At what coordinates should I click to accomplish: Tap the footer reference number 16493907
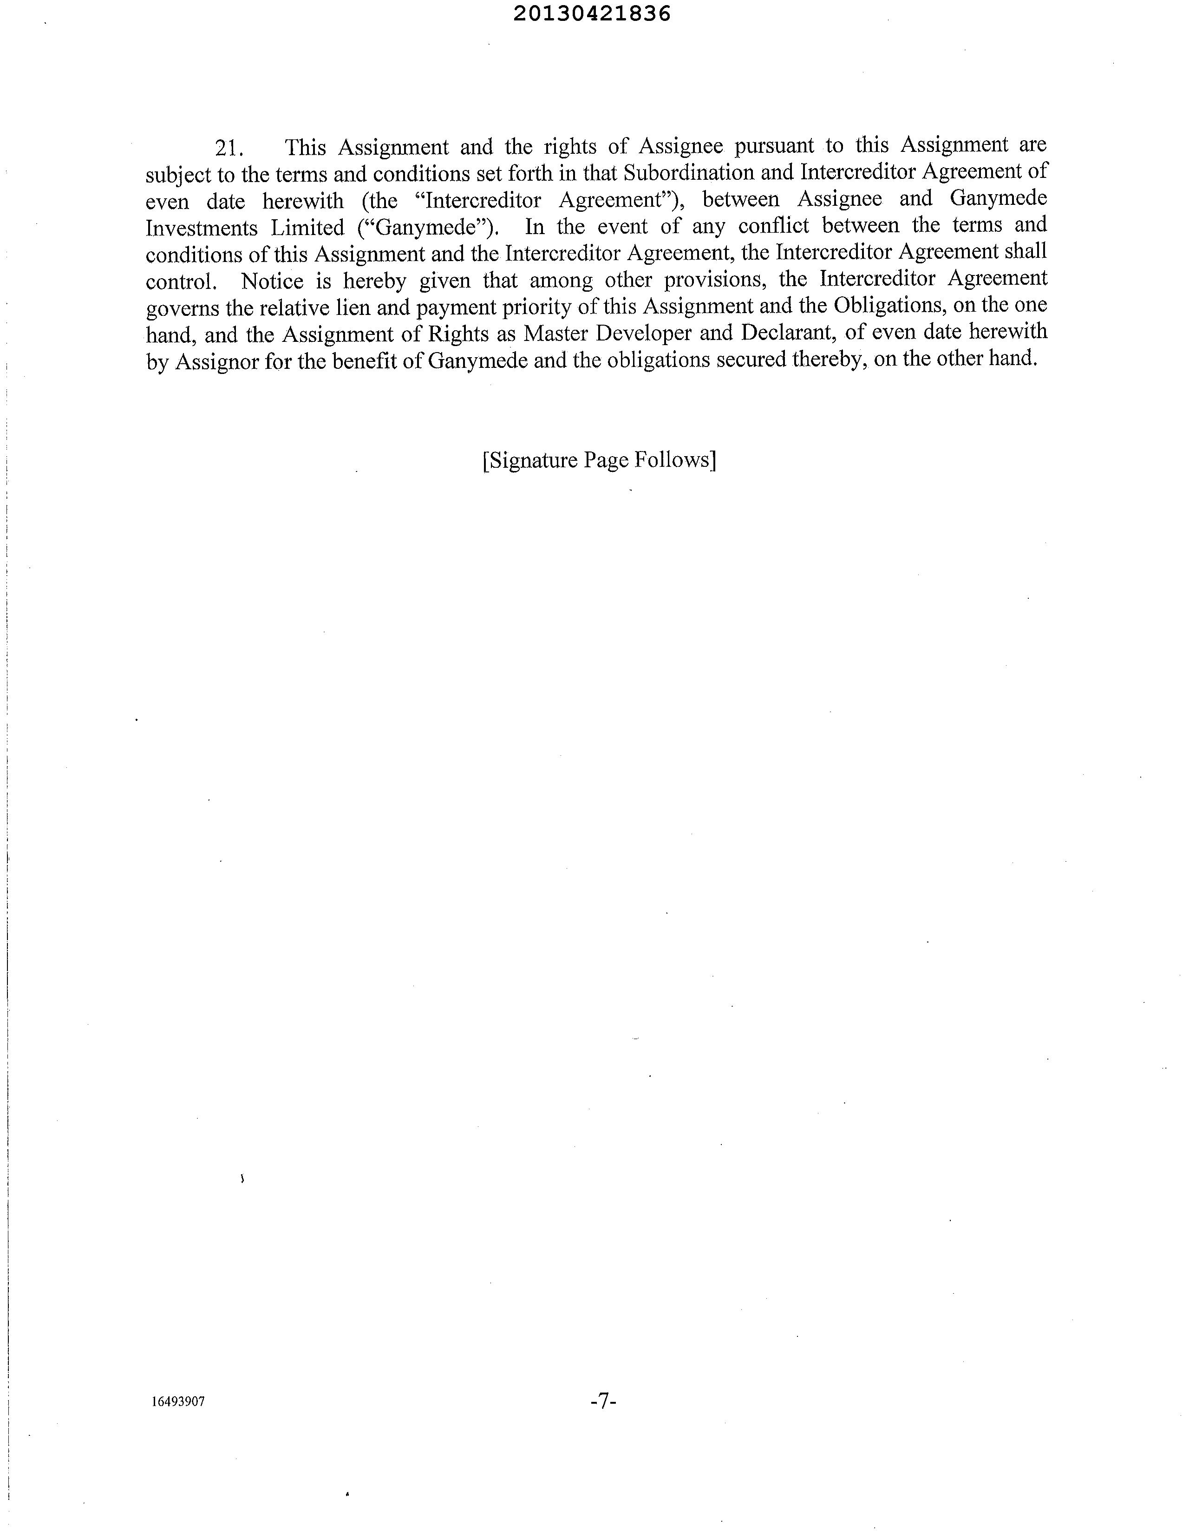point(178,1402)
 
